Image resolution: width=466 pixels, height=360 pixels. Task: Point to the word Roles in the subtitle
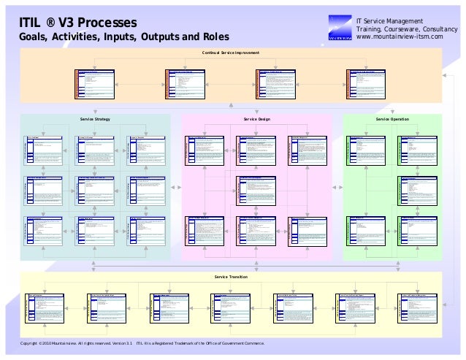pyautogui.click(x=213, y=37)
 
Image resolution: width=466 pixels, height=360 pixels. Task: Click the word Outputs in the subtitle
pyautogui.click(x=164, y=37)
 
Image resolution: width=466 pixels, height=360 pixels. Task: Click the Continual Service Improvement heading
pyautogui.click(x=231, y=53)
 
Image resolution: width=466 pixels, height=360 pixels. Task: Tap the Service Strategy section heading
pyautogui.click(x=95, y=118)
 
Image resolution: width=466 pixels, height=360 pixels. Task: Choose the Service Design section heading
pyautogui.click(x=257, y=118)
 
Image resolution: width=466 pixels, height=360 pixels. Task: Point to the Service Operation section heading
pyautogui.click(x=392, y=118)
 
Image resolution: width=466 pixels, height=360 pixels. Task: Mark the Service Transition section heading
pyautogui.click(x=231, y=277)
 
